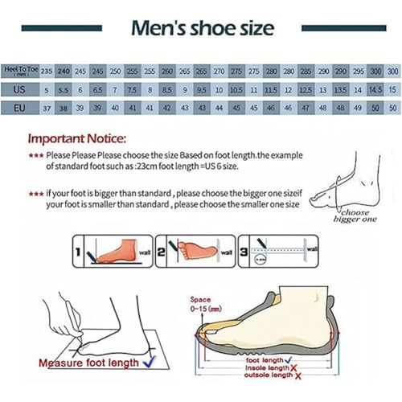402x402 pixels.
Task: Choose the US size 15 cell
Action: coord(392,89)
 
